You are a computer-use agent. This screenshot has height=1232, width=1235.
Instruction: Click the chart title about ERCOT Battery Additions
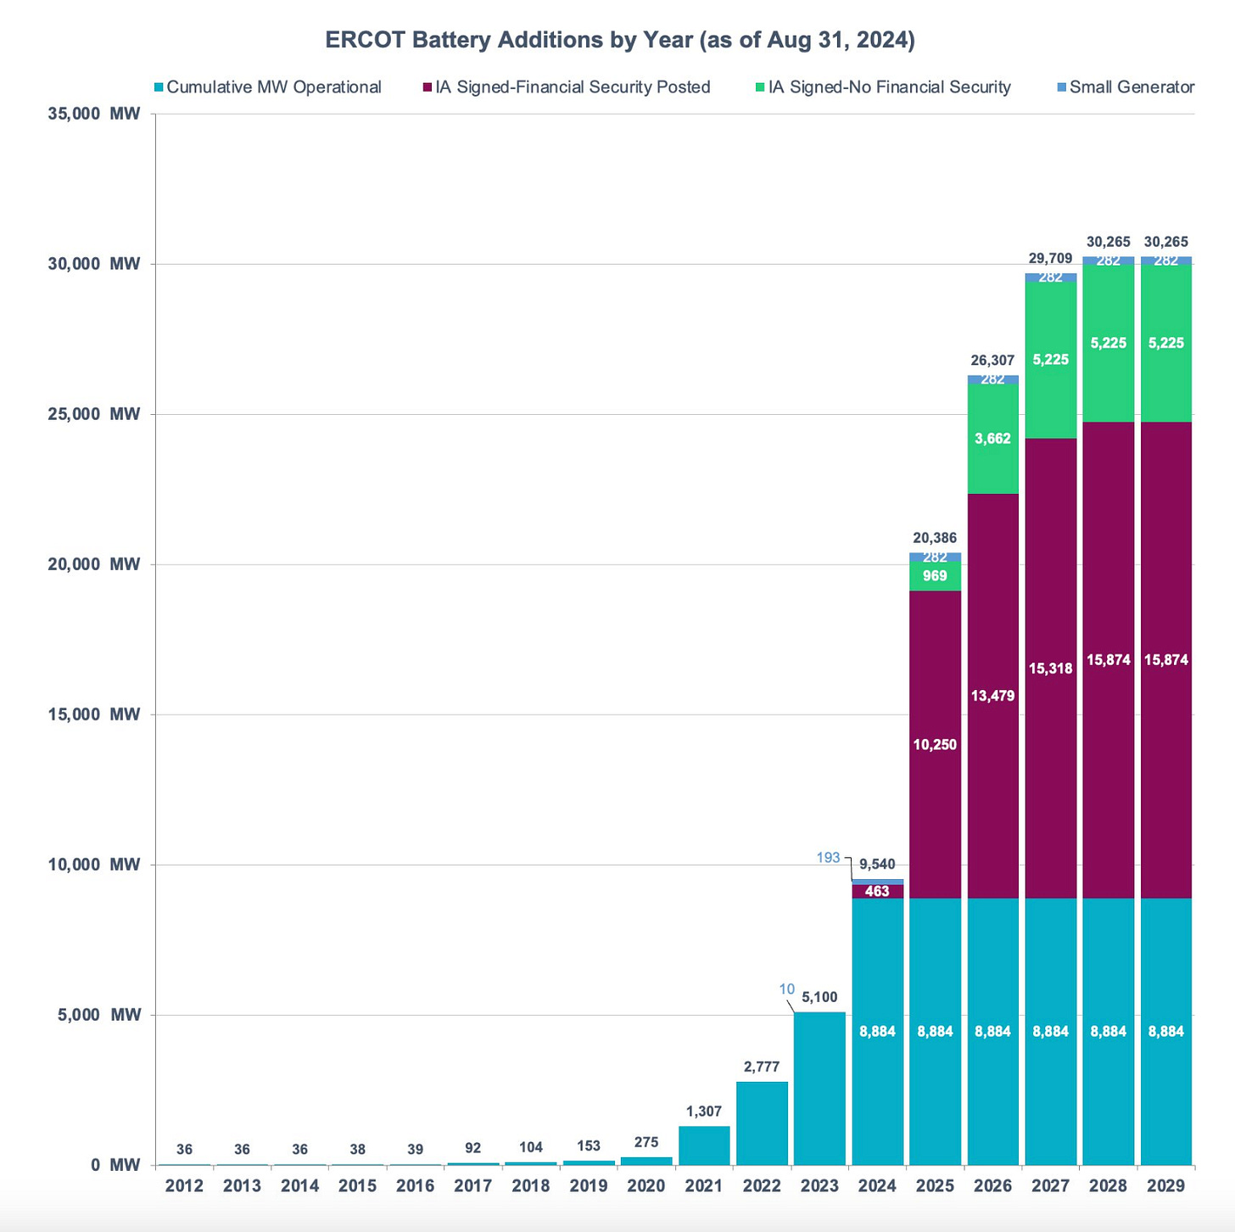click(x=620, y=41)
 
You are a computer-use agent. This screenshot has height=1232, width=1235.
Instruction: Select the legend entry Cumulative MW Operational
click(x=273, y=87)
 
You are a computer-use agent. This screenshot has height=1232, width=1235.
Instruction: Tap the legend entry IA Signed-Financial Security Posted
click(x=573, y=87)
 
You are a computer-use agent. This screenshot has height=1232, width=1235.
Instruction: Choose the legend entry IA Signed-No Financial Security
click(x=889, y=87)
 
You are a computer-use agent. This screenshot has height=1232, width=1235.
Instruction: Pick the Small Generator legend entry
click(x=1131, y=87)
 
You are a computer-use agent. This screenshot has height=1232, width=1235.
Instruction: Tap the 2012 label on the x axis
click(x=184, y=1186)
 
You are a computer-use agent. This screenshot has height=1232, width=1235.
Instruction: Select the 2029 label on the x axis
click(x=1165, y=1186)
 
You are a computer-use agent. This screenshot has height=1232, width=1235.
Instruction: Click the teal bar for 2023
click(x=819, y=1095)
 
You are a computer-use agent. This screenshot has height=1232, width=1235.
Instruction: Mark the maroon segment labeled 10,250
click(x=935, y=745)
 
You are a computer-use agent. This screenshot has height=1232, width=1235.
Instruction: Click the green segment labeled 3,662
click(x=992, y=439)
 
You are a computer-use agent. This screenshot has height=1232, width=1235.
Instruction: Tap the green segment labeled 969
click(x=935, y=576)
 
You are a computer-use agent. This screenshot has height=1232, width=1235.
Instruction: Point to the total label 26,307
click(x=992, y=361)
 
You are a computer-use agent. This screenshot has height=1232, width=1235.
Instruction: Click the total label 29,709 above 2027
click(x=1050, y=259)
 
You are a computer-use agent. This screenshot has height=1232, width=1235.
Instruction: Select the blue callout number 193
click(x=828, y=858)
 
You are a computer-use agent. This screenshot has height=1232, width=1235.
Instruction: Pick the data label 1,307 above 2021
click(x=704, y=1112)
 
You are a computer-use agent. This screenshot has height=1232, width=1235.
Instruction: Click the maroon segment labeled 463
click(x=877, y=891)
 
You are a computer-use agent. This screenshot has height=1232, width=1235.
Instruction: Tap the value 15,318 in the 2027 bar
click(x=1050, y=669)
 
